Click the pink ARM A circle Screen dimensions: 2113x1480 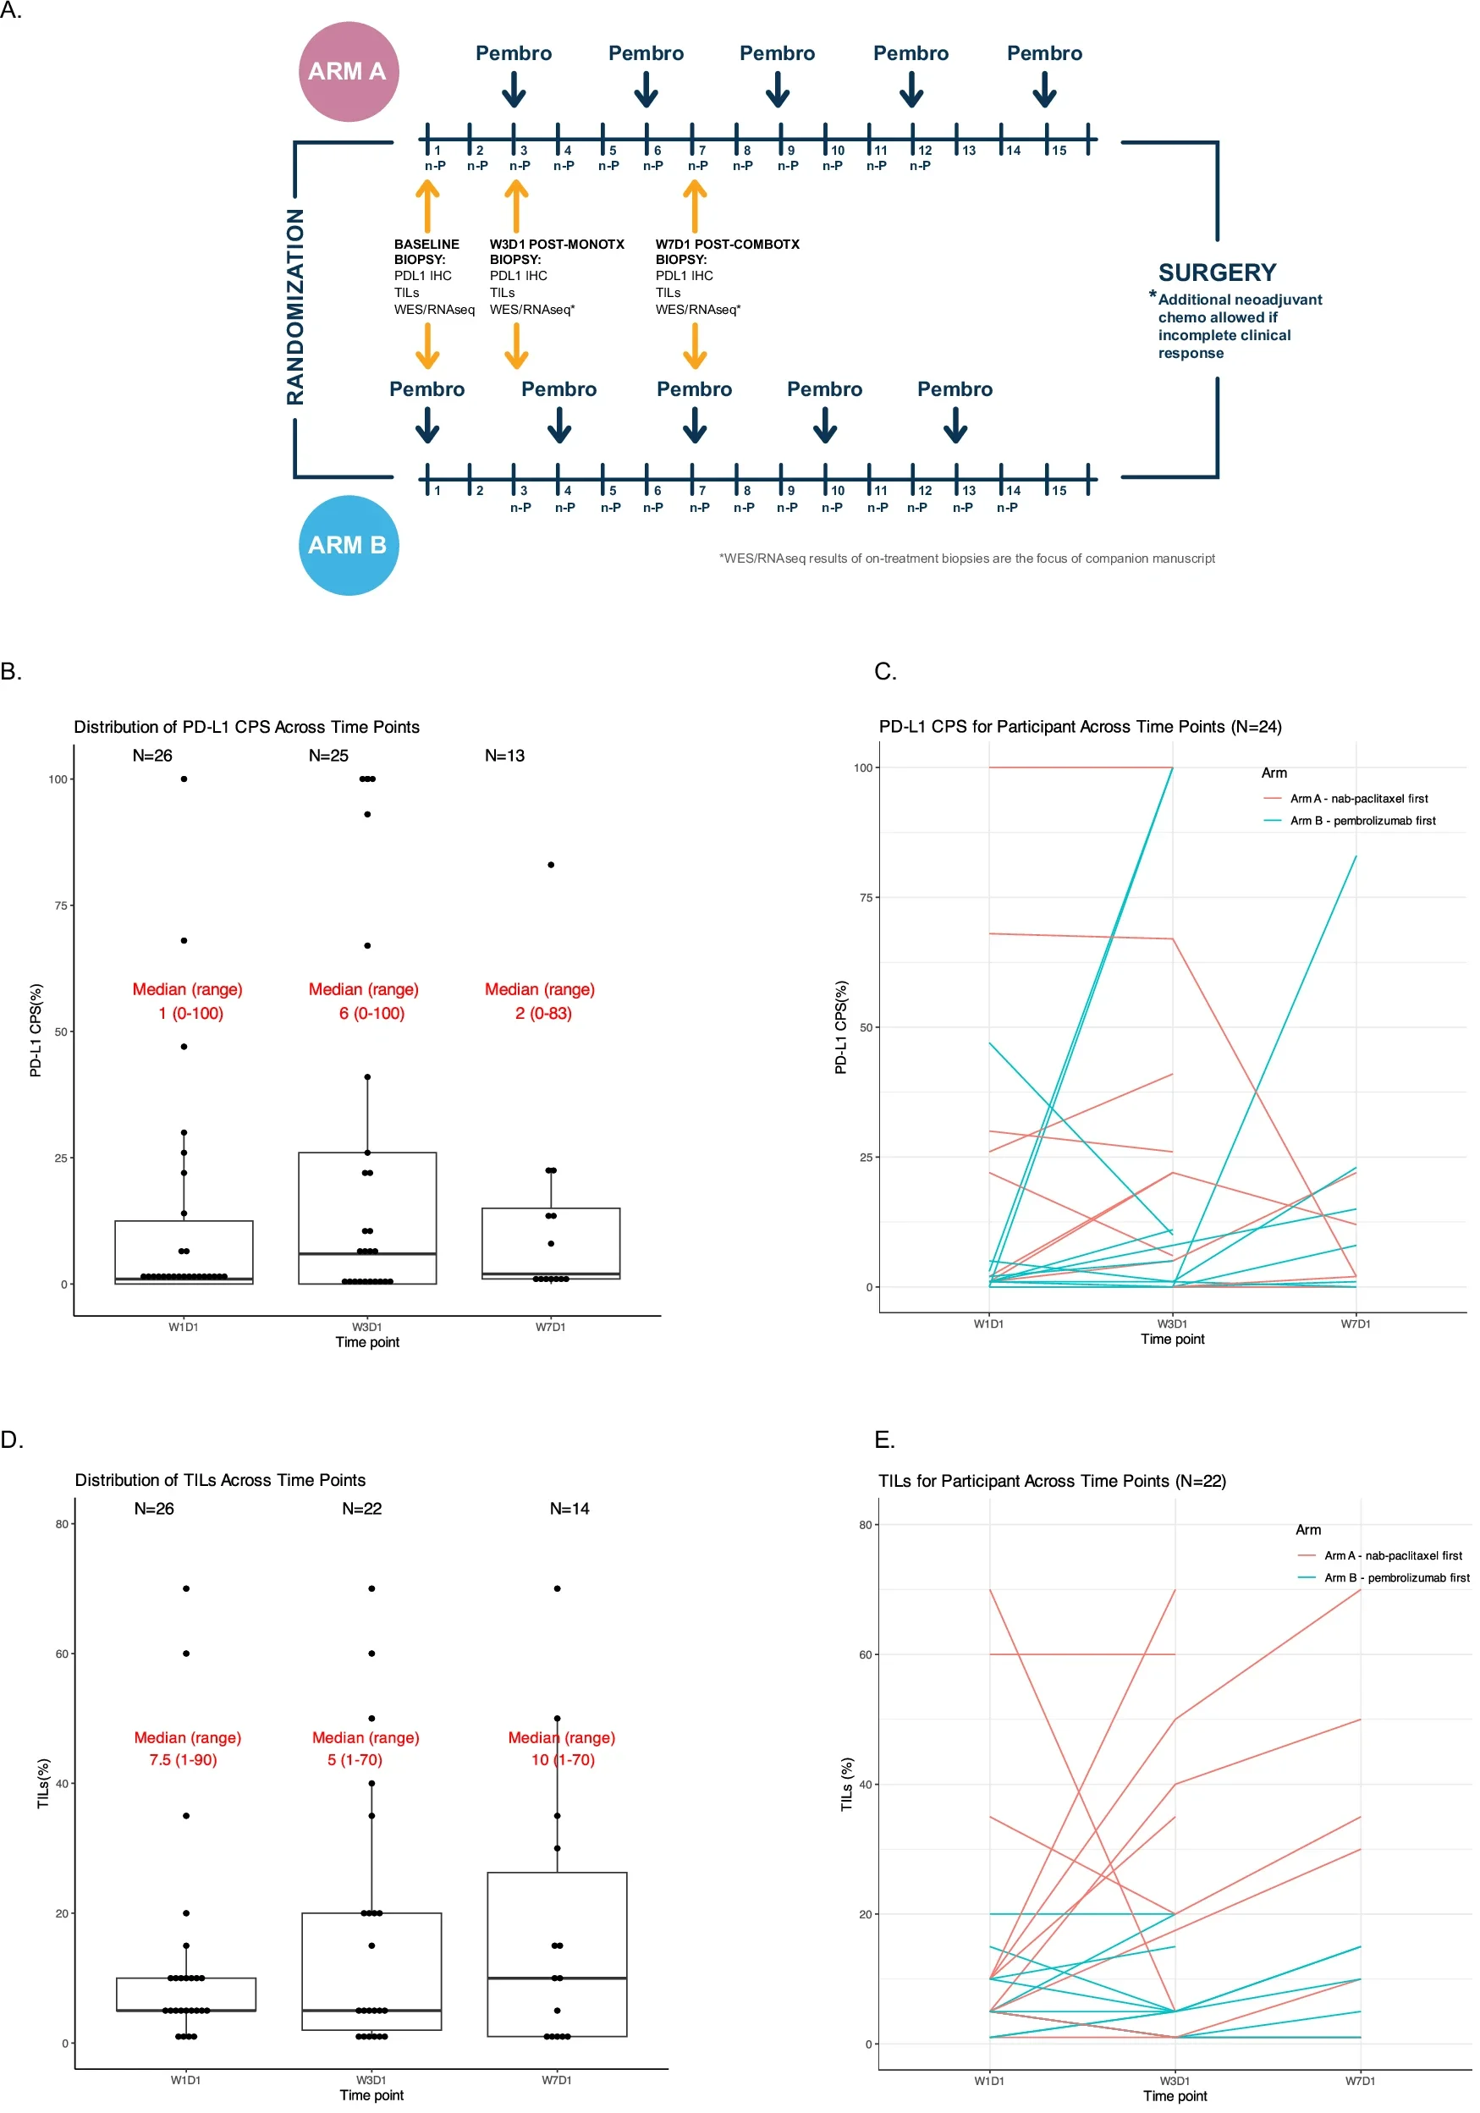tap(348, 72)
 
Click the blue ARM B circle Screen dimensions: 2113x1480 tap(348, 545)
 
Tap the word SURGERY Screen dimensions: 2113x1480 tap(1217, 273)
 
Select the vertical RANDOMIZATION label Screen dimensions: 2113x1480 tap(294, 306)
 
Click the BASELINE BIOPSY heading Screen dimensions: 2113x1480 tap(426, 251)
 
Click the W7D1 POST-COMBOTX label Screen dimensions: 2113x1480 tap(727, 245)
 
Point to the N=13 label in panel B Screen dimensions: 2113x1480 tap(504, 756)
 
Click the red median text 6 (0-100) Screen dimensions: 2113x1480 tap(371, 1013)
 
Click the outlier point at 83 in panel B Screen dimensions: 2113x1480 tap(550, 865)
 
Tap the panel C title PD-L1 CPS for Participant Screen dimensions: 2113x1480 tap(1080, 726)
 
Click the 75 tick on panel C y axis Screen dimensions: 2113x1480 tap(865, 897)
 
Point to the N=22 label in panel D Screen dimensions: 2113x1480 tap(361, 1508)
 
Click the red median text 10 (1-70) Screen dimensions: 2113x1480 tap(563, 1759)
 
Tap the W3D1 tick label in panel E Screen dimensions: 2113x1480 tap(1174, 2081)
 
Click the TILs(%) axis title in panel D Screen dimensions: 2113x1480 tap(42, 1784)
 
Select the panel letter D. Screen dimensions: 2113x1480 tap(11, 1440)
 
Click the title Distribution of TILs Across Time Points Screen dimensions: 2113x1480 tap(220, 1480)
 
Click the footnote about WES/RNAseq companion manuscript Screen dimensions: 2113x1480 tap(966, 559)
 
